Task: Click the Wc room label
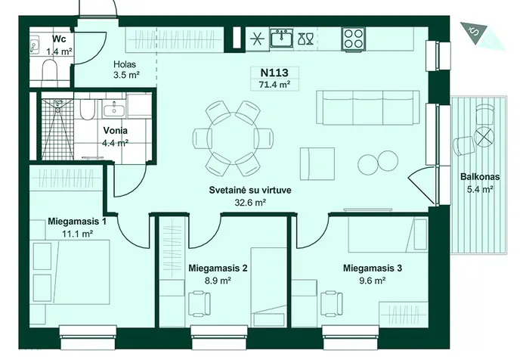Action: click(59, 39)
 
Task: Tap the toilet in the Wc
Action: click(50, 70)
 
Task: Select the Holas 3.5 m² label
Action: click(125, 70)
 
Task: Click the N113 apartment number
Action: click(274, 73)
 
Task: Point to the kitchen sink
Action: click(281, 38)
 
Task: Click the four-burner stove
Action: click(353, 39)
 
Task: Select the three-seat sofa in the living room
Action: click(368, 107)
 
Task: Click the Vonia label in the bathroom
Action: click(115, 130)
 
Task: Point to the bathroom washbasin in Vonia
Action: click(114, 109)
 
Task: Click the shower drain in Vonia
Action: click(57, 110)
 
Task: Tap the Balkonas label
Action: click(480, 176)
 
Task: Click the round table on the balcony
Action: click(484, 136)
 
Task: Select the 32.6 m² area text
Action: click(250, 203)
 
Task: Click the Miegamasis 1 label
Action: click(77, 221)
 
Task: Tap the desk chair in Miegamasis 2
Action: click(200, 303)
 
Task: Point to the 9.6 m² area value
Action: click(373, 281)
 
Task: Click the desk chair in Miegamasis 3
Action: click(332, 303)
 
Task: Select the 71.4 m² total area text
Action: click(274, 85)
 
